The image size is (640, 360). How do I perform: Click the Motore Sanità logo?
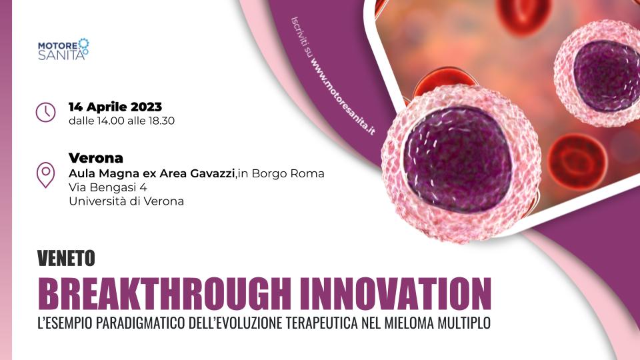click(63, 49)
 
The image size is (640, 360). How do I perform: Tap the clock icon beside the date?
click(46, 112)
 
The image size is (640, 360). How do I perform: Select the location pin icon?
click(46, 175)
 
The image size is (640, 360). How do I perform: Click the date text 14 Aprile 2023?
click(115, 107)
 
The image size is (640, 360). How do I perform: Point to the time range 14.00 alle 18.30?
click(135, 121)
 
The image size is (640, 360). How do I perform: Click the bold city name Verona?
click(96, 158)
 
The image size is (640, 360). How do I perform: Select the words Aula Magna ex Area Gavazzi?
click(151, 173)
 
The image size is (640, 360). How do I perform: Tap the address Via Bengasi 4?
click(108, 187)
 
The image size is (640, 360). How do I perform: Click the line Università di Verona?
click(126, 201)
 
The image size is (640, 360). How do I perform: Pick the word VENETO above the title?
click(66, 258)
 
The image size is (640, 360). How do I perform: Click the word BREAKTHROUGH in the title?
click(165, 294)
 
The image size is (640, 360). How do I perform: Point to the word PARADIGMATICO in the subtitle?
click(141, 323)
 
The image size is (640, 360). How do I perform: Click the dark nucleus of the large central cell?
click(457, 159)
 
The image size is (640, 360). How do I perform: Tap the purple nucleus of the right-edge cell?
click(607, 75)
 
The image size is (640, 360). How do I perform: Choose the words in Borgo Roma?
click(281, 173)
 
